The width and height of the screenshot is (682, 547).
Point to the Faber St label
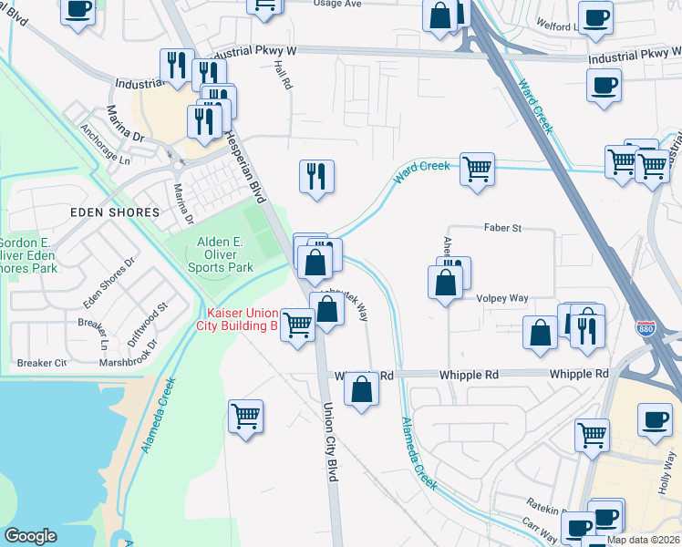[502, 228]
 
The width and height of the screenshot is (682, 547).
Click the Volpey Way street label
[501, 298]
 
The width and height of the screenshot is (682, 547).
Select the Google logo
[31, 536]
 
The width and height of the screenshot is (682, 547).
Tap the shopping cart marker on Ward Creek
[477, 169]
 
